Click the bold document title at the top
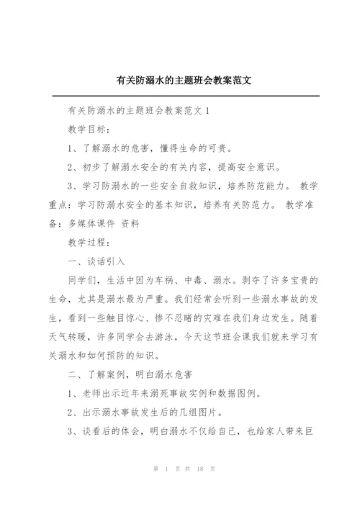(180, 81)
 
